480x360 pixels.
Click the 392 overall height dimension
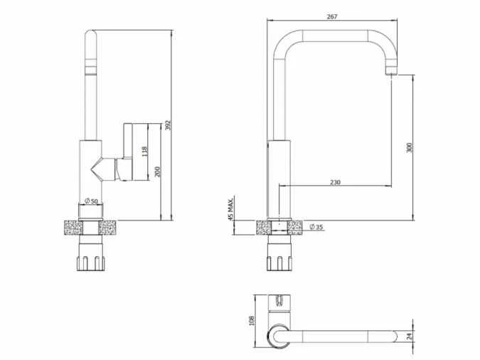click(169, 125)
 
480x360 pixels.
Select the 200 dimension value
click(157, 171)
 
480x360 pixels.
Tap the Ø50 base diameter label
click(91, 201)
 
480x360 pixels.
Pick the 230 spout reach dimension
click(335, 182)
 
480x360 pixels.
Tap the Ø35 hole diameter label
click(316, 227)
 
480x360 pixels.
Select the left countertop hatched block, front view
click(73, 228)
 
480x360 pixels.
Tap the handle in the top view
click(278, 302)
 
